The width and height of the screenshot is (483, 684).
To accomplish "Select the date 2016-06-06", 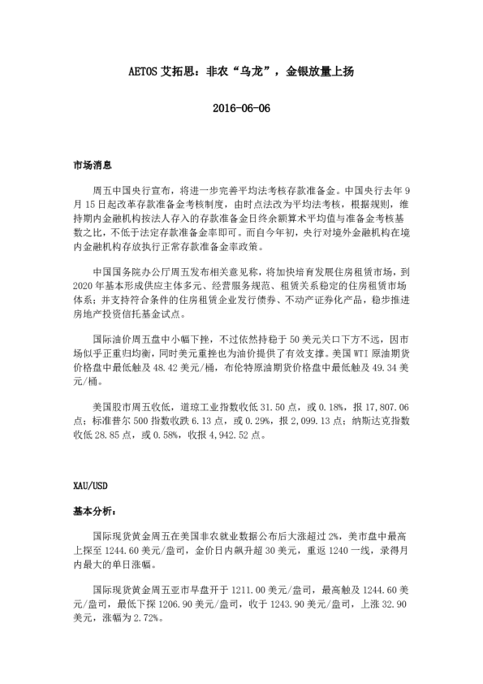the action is pos(241,108).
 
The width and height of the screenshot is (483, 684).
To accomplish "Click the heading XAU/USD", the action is pos(89,486).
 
